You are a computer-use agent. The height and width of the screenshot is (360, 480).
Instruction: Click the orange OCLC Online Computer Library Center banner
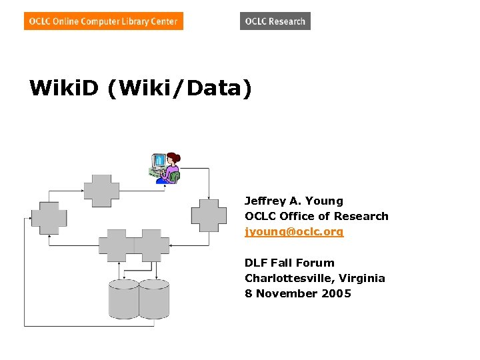(103, 21)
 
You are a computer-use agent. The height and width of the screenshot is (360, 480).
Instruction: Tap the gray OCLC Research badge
(275, 21)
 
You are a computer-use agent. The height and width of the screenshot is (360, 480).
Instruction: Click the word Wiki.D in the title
(64, 88)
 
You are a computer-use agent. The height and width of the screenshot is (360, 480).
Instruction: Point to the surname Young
(326, 201)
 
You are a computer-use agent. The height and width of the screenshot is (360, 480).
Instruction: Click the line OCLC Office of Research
(316, 216)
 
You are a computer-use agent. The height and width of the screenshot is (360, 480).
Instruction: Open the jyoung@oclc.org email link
(294, 232)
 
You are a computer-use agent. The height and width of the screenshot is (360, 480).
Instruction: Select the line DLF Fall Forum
(289, 263)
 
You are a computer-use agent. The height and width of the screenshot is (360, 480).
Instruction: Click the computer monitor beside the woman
(159, 161)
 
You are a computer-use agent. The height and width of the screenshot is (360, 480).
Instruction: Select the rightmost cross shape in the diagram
(209, 215)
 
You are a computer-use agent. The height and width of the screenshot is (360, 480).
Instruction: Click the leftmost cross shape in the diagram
(49, 217)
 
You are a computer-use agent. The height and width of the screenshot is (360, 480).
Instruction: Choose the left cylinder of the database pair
(123, 299)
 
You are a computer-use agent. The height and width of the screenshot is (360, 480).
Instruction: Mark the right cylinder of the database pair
(154, 299)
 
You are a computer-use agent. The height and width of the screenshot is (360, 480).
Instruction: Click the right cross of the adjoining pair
(152, 245)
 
